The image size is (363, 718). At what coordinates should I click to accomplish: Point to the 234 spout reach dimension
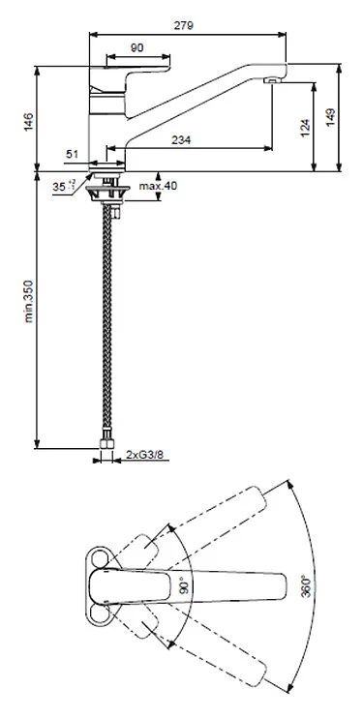coord(182,140)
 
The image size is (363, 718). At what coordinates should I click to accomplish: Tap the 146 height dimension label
coord(30,122)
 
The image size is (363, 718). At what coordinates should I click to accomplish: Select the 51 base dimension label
coord(74,153)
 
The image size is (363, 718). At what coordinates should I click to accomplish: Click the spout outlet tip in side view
coord(276,80)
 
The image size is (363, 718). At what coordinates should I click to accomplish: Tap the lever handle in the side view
coord(136,77)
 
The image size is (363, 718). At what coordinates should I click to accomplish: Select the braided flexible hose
coord(106,319)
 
